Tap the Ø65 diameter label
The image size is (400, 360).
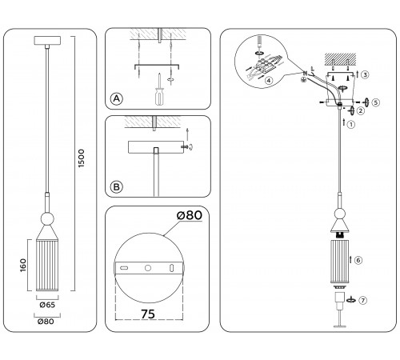pos(47,304)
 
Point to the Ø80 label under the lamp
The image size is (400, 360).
pos(47,322)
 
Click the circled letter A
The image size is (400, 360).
pos(117,98)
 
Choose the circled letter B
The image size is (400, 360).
pos(117,188)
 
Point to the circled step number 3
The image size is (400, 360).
pos(365,74)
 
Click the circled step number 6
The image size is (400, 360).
pos(358,260)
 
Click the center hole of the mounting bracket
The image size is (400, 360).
pos(147,267)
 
